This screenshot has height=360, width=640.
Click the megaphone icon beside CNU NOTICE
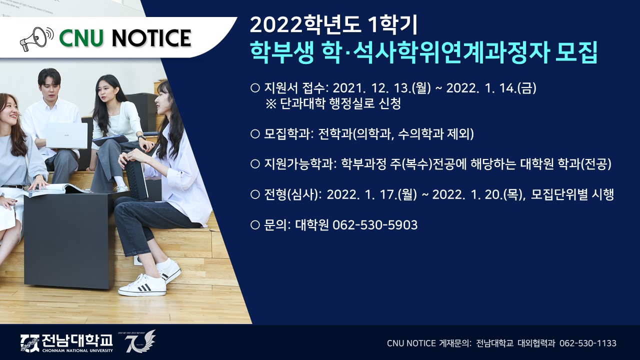(x=37, y=39)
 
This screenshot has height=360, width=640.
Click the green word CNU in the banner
(x=81, y=38)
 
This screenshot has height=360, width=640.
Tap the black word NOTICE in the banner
(x=151, y=38)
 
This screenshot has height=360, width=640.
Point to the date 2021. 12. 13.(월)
(x=381, y=88)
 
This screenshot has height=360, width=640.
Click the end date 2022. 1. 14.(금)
(x=491, y=88)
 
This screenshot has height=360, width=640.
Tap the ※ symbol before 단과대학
(x=271, y=103)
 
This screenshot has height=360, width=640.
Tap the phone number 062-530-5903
(x=375, y=225)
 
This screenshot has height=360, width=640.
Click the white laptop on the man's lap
(x=66, y=135)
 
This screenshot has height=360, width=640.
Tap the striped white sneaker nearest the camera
(x=142, y=285)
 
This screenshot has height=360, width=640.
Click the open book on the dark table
(x=54, y=189)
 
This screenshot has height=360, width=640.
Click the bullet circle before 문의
(x=254, y=225)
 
